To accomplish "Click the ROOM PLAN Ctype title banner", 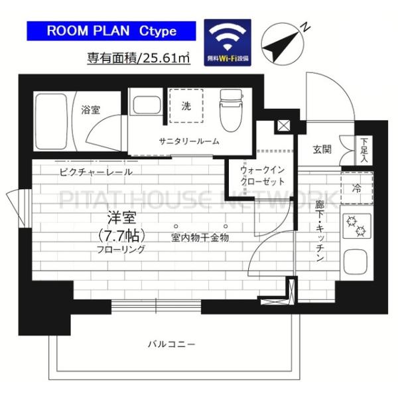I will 111,31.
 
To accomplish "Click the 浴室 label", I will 90,108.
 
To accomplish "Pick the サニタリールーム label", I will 189,141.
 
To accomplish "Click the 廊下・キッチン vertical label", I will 319,232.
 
